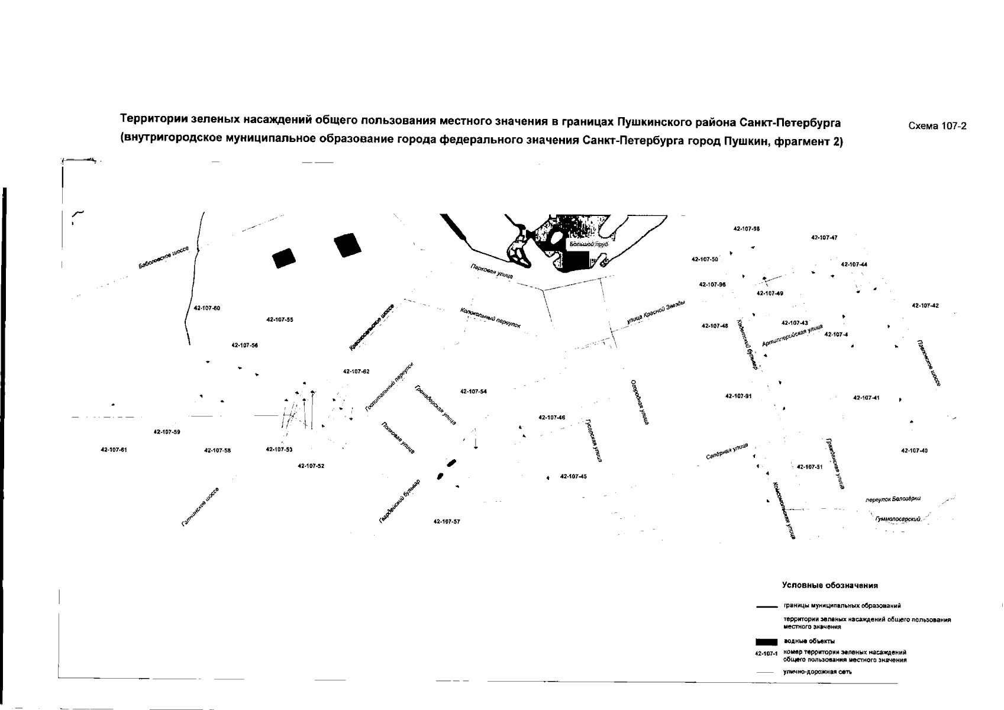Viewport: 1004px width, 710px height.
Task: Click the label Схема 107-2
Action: pos(937,125)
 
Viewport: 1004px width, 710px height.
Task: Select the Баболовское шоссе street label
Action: pos(163,259)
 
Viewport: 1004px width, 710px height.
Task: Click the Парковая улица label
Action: pos(492,272)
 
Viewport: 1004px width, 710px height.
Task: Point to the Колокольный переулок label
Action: pos(490,318)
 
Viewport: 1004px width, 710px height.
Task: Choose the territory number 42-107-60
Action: pos(207,308)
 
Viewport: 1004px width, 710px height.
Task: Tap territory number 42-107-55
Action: pos(280,319)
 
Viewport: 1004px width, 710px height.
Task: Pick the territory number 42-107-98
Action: pos(746,228)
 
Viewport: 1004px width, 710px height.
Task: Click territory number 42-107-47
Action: pos(824,237)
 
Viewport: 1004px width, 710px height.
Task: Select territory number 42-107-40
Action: pos(914,450)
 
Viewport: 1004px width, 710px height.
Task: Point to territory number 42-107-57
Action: pos(447,521)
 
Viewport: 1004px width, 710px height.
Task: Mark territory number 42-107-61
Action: pos(114,450)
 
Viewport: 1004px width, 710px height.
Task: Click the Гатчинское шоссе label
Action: pos(201,507)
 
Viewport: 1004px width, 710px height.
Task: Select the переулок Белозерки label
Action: pos(893,499)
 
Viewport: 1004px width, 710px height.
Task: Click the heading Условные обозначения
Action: pos(829,585)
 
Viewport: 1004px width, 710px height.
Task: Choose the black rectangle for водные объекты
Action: pos(766,641)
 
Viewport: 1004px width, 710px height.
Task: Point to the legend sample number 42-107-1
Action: pos(765,654)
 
